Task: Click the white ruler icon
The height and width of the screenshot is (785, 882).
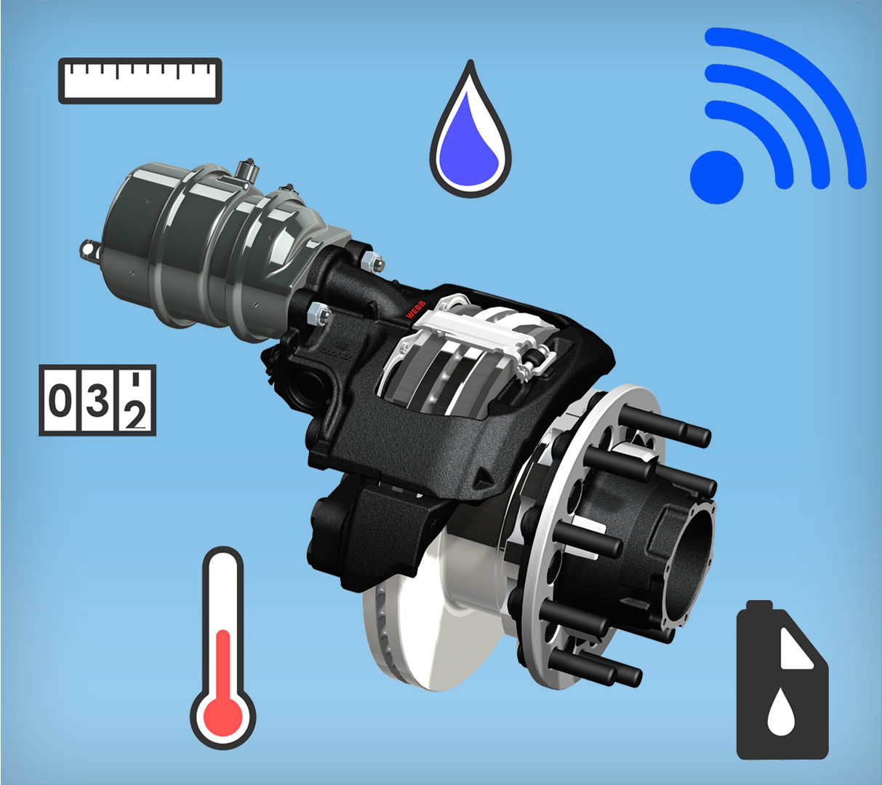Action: click(x=140, y=81)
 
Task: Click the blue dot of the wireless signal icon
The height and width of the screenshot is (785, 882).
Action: click(x=716, y=177)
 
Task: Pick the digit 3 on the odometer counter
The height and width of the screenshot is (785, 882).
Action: click(x=97, y=401)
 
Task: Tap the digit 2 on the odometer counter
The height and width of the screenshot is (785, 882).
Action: click(x=135, y=415)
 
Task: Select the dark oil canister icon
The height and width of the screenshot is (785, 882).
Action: click(x=782, y=691)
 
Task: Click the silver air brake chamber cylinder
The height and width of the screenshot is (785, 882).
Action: click(x=189, y=240)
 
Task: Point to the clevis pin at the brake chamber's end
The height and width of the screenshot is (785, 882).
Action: click(x=89, y=249)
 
